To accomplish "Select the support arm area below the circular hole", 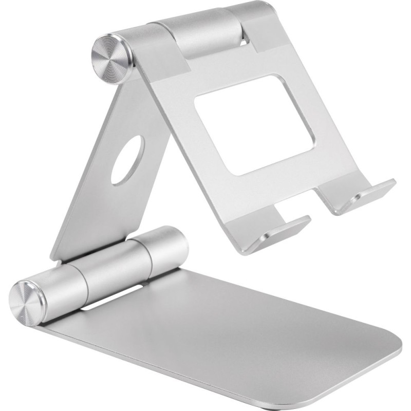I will pos(103,216).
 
